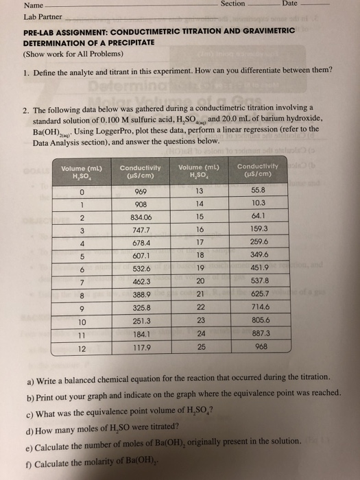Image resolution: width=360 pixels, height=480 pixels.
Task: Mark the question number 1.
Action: pos(26,71)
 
